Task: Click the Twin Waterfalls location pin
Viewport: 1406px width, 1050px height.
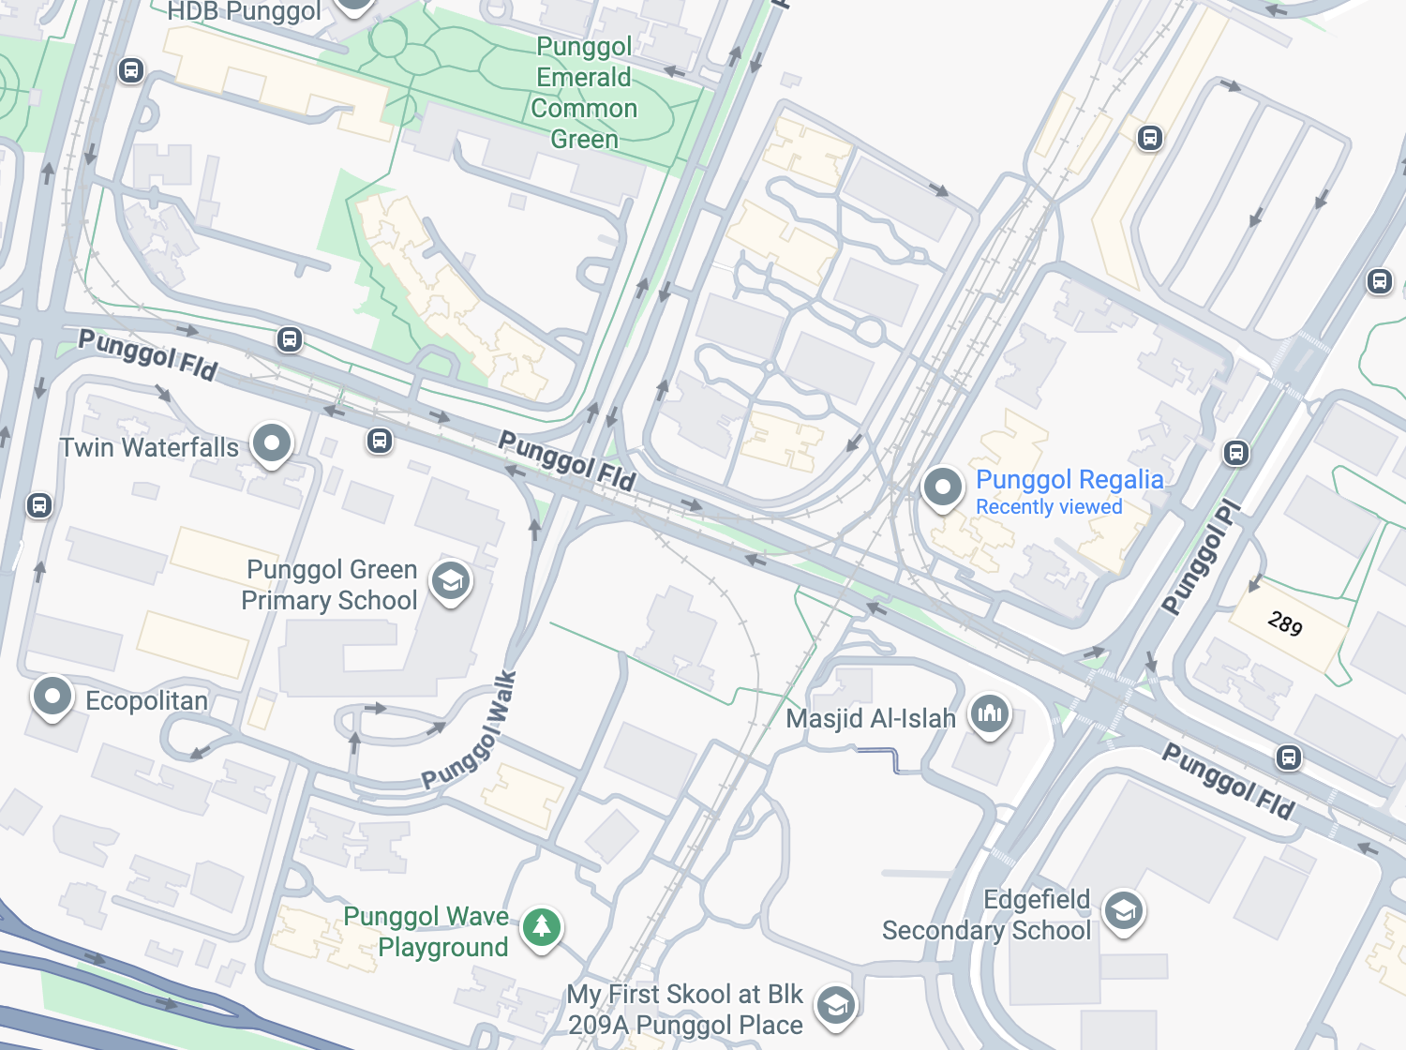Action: point(272,442)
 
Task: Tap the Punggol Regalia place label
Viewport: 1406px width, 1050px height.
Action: point(1069,479)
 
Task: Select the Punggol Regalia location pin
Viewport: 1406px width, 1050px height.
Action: point(942,487)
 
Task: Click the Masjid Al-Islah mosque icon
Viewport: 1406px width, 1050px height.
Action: point(990,714)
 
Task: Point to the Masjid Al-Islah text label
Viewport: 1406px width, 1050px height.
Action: point(871,719)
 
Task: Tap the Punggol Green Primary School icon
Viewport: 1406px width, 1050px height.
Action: point(451,582)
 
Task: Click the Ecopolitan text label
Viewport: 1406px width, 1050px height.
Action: point(147,701)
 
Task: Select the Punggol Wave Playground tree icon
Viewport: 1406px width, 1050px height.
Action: point(542,928)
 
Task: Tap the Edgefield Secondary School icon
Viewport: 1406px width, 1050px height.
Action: point(1123,910)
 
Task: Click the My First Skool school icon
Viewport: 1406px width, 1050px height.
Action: point(836,1006)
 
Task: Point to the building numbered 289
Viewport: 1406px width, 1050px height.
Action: point(1286,622)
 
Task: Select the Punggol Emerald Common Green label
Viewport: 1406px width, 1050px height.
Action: point(584,93)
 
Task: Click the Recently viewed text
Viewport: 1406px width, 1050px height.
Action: point(1049,507)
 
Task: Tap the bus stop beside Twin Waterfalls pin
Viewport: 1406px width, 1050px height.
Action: point(380,440)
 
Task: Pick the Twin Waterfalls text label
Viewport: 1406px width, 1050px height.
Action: point(150,448)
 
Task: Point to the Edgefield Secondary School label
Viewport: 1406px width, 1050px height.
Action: point(987,915)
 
